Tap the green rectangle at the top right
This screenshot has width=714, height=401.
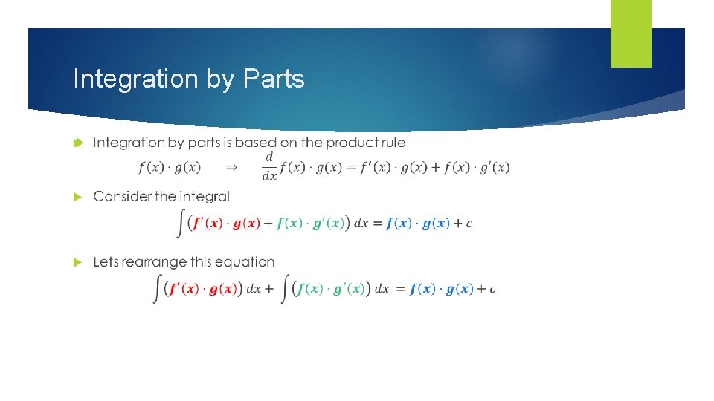(631, 33)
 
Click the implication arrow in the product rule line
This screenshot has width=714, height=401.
(231, 168)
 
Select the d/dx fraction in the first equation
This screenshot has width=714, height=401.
(269, 167)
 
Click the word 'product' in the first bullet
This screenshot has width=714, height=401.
(353, 143)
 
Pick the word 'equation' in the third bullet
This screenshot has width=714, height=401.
(245, 263)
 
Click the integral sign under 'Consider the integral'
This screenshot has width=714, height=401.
(181, 223)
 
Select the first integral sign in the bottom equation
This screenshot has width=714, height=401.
(157, 288)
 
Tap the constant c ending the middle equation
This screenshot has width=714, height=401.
(469, 224)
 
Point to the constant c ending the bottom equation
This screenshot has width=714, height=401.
(492, 290)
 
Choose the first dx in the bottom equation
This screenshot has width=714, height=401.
(254, 290)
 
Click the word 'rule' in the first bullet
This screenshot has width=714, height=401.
(393, 143)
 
